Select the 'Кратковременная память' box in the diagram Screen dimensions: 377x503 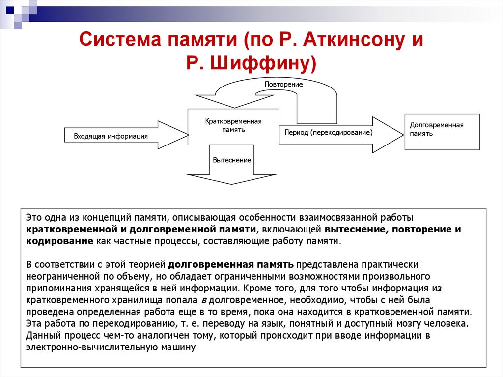[x=233, y=126]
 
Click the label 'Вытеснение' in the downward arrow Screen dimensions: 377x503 [x=232, y=160]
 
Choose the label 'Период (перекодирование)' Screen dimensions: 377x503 [x=328, y=133]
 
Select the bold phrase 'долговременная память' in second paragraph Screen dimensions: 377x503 [x=233, y=264]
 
